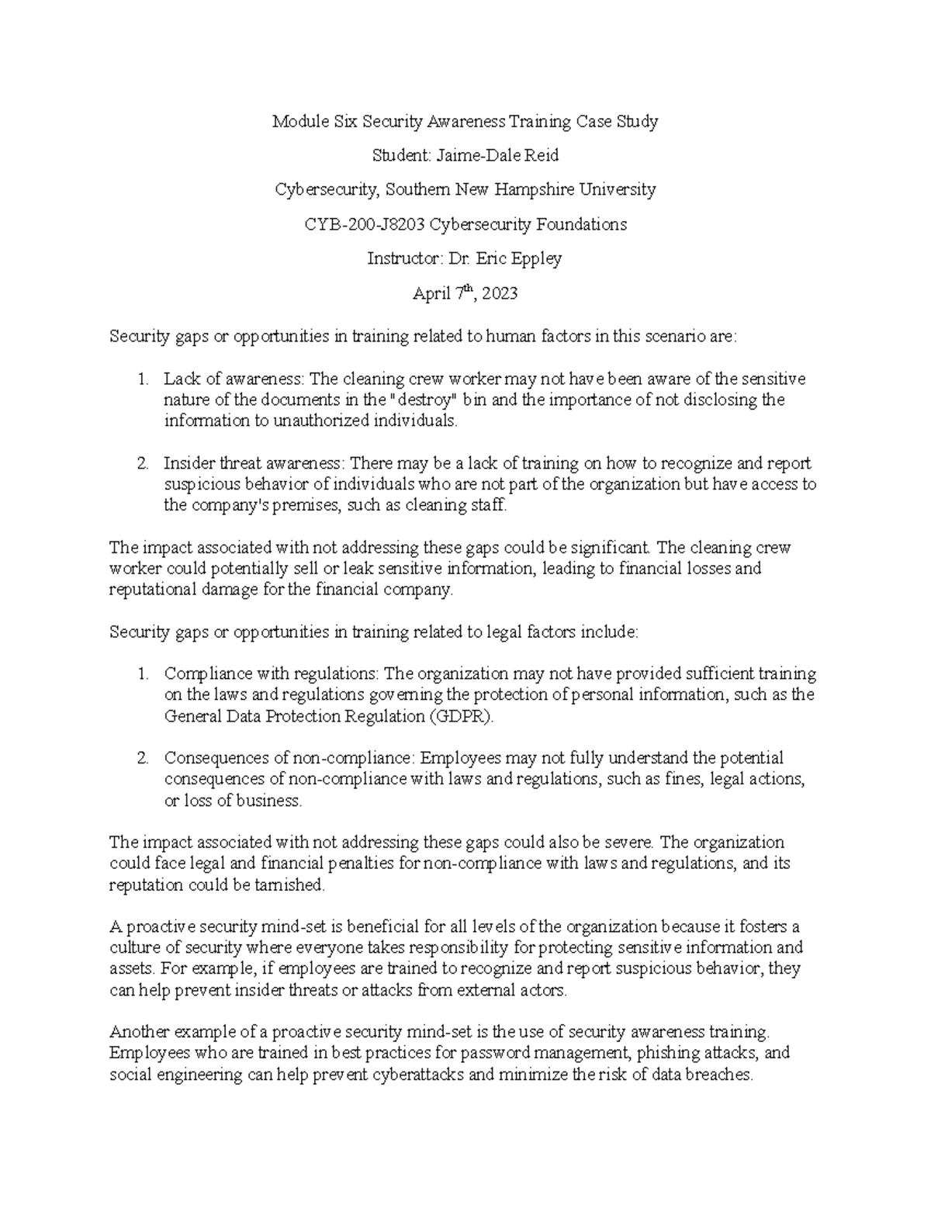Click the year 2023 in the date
pyautogui.click(x=499, y=294)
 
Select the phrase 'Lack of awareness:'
pyautogui.click(x=235, y=379)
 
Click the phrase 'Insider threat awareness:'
pyautogui.click(x=254, y=464)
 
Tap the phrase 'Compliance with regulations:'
pyautogui.click(x=272, y=673)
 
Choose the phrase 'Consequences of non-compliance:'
pyautogui.click(x=289, y=758)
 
